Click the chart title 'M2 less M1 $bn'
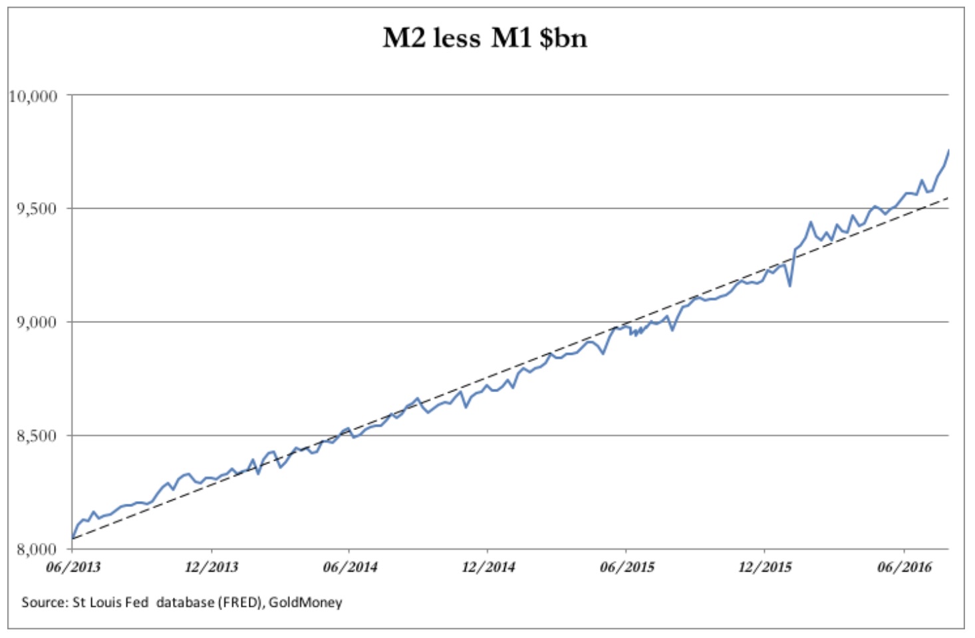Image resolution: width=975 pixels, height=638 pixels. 485,38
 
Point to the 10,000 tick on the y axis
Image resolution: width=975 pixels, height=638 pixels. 33,96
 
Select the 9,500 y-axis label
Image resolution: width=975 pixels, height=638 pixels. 37,209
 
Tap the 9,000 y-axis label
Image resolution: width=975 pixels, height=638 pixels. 37,322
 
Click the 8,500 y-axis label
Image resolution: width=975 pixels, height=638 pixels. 37,436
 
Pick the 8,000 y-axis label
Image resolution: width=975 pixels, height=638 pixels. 37,550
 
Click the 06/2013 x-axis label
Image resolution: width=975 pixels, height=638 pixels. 73,568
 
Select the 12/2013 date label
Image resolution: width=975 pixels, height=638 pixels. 211,568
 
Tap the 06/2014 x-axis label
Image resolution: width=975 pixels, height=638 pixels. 350,568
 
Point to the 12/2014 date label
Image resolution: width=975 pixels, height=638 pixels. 488,568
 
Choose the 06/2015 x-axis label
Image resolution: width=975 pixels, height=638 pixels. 627,568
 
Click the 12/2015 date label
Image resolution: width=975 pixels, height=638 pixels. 765,568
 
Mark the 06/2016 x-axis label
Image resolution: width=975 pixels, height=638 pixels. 904,568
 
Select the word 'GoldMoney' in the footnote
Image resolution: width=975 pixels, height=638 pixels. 305,603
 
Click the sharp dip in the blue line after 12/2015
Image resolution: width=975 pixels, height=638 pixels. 789,286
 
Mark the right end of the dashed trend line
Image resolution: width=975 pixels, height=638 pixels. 948,197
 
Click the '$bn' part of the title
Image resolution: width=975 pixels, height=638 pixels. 563,38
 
